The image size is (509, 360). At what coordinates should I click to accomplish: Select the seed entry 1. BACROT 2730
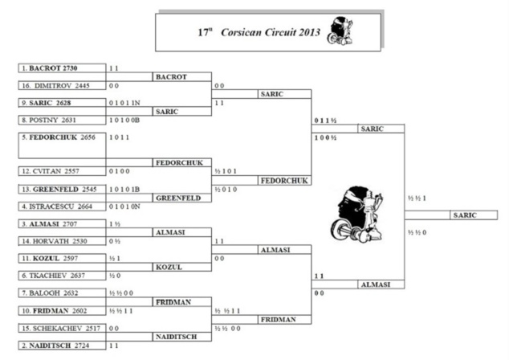[x=61, y=69]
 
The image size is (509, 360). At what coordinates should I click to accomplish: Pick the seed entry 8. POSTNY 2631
[x=61, y=120]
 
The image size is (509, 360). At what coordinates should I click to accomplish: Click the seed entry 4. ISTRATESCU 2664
[x=61, y=206]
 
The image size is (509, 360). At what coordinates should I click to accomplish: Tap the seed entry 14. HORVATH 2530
[x=61, y=240]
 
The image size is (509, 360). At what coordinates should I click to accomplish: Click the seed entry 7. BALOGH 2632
[x=61, y=292]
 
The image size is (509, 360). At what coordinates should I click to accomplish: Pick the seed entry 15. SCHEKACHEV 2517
[x=61, y=327]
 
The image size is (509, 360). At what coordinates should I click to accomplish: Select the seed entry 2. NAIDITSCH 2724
[x=61, y=345]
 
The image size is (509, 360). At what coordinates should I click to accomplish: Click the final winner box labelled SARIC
[x=465, y=215]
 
